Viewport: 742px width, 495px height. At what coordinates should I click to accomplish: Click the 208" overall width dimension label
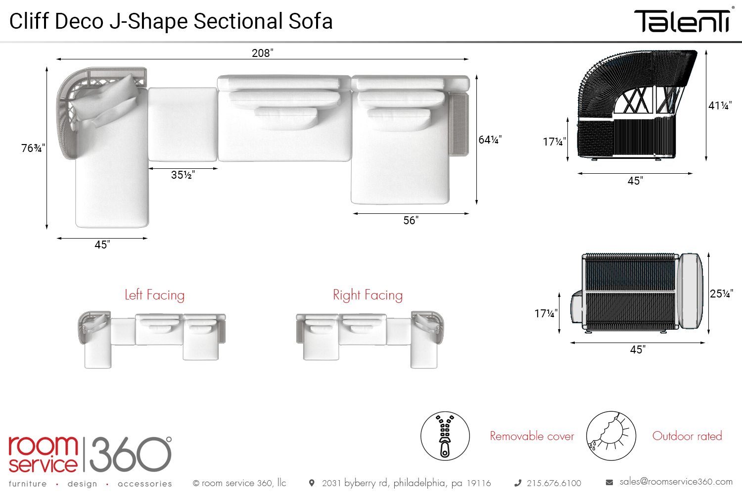pyautogui.click(x=262, y=53)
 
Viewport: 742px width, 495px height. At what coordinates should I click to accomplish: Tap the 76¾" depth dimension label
pyautogui.click(x=33, y=148)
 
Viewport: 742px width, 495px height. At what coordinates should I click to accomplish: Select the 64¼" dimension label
pyautogui.click(x=490, y=140)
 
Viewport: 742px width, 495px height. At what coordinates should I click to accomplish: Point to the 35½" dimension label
pyautogui.click(x=183, y=175)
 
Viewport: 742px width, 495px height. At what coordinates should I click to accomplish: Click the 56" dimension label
pyautogui.click(x=411, y=220)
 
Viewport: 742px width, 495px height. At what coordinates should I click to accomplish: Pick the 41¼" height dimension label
pyautogui.click(x=720, y=105)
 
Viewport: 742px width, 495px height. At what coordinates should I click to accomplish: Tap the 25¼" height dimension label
pyautogui.click(x=721, y=294)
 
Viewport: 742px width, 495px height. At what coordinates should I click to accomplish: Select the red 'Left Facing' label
pyautogui.click(x=155, y=295)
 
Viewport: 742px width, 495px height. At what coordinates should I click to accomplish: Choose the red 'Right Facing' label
pyautogui.click(x=368, y=295)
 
